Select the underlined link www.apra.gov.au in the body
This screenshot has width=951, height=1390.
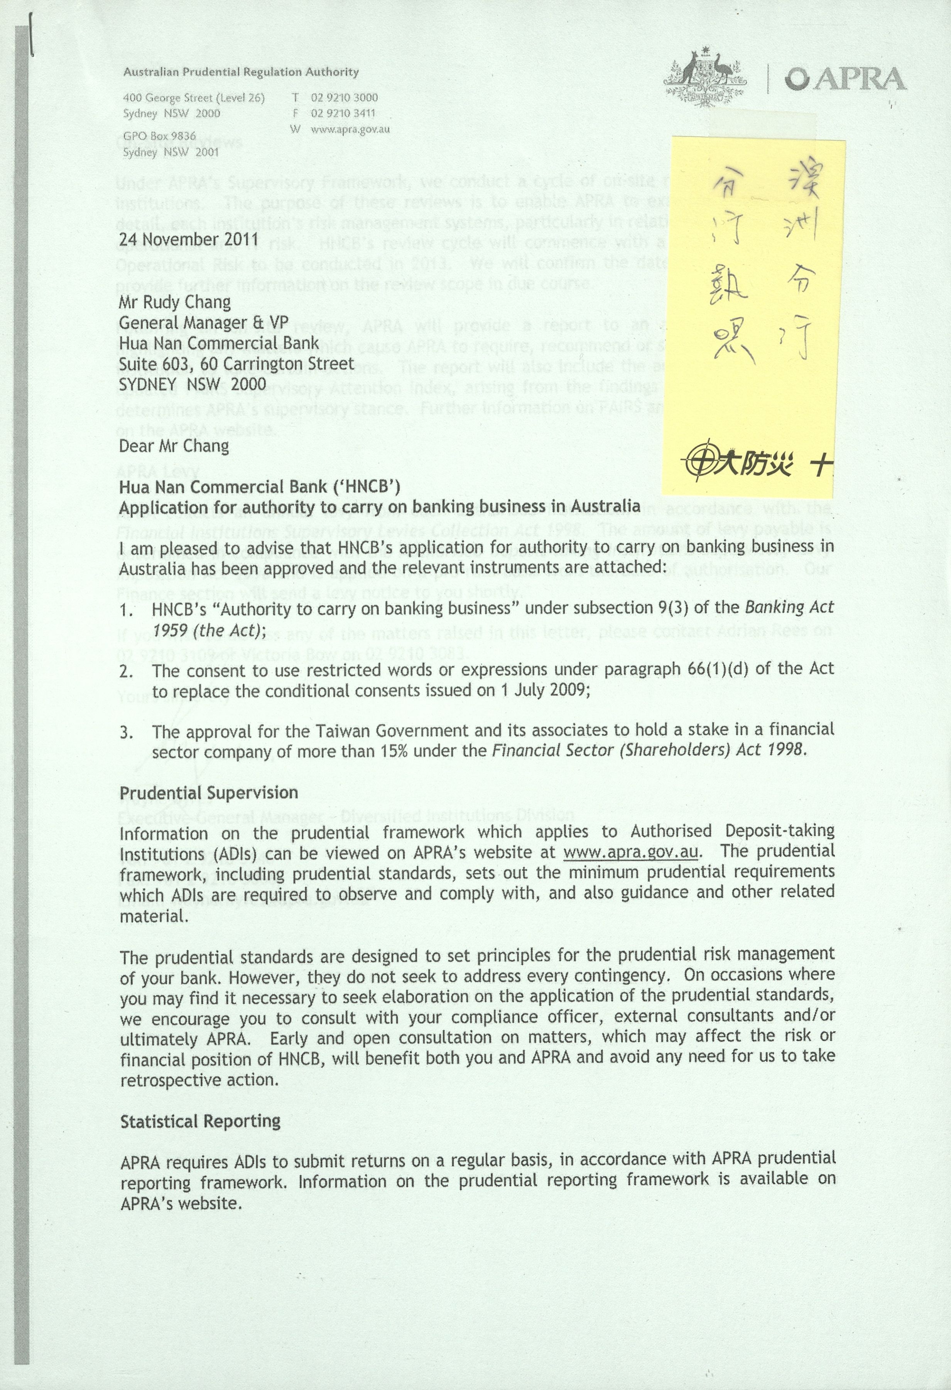[632, 852]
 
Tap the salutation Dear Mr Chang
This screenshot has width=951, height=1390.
[174, 446]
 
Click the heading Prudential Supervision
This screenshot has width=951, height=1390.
[209, 793]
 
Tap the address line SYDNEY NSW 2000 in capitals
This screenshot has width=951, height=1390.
[193, 384]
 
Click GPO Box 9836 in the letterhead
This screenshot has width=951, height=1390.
[160, 136]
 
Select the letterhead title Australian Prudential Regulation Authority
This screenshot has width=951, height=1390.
[241, 72]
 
